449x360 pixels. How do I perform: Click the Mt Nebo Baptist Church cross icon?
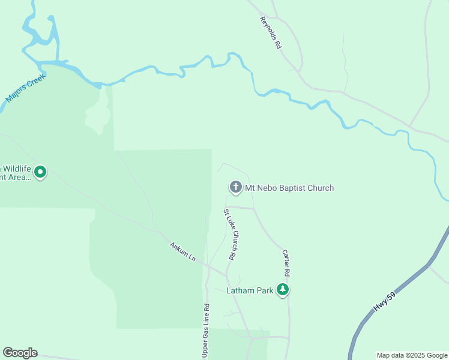pyautogui.click(x=235, y=188)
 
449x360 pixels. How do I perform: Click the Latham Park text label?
pyautogui.click(x=250, y=291)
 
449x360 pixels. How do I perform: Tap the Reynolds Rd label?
pyautogui.click(x=271, y=32)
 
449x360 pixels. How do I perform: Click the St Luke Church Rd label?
pyautogui.click(x=229, y=234)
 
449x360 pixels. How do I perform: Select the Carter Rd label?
pyautogui.click(x=286, y=263)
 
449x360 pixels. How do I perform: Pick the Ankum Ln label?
pyautogui.click(x=182, y=251)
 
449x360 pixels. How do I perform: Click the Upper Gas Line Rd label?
pyautogui.click(x=205, y=331)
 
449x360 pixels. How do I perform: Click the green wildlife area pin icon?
pyautogui.click(x=40, y=172)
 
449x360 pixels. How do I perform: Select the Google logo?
pyautogui.click(x=20, y=353)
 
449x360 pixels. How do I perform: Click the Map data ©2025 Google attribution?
pyautogui.click(x=412, y=355)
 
